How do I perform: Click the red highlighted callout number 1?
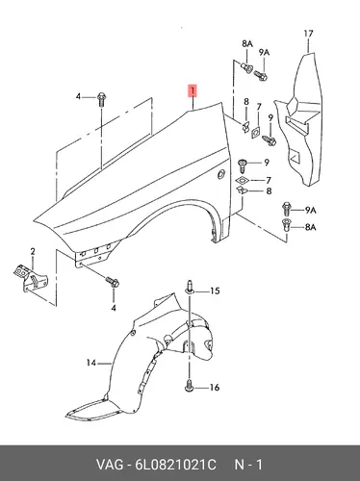tap(193, 90)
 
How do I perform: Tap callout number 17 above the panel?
tap(308, 34)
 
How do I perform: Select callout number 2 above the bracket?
tap(33, 252)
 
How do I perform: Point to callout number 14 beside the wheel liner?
tap(91, 363)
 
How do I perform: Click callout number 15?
tap(215, 291)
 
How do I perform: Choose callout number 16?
tap(215, 388)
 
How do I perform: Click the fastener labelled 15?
tap(190, 288)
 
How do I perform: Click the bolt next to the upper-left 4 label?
tap(101, 99)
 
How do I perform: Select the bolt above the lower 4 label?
tap(113, 282)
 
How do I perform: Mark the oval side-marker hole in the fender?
tap(221, 174)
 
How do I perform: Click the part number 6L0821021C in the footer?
tap(175, 465)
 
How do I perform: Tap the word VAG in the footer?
tap(110, 465)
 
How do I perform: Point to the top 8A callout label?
tap(247, 44)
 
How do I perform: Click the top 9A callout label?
tap(264, 52)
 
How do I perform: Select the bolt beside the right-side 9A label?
tap(286, 208)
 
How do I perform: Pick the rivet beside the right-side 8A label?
tap(286, 224)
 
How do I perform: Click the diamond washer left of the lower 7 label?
tap(243, 180)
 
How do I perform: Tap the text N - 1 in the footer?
tap(248, 465)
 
